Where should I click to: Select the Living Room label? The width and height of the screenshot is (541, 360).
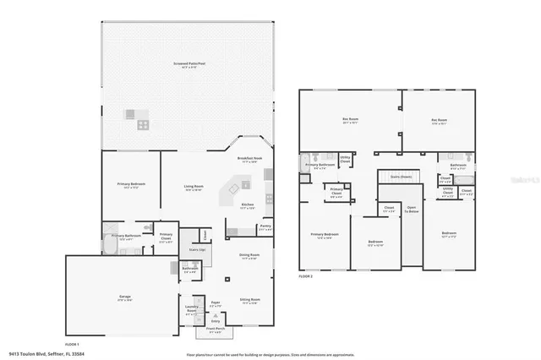[x=194, y=187]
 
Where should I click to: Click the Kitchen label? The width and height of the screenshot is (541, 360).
[x=249, y=205]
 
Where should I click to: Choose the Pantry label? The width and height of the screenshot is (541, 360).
[x=265, y=226]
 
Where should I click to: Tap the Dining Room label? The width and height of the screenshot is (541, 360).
[x=249, y=255]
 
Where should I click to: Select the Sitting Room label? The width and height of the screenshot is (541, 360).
[x=249, y=300]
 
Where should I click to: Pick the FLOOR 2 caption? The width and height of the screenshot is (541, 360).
[x=305, y=276]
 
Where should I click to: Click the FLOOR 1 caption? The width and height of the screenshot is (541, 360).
[x=73, y=344]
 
